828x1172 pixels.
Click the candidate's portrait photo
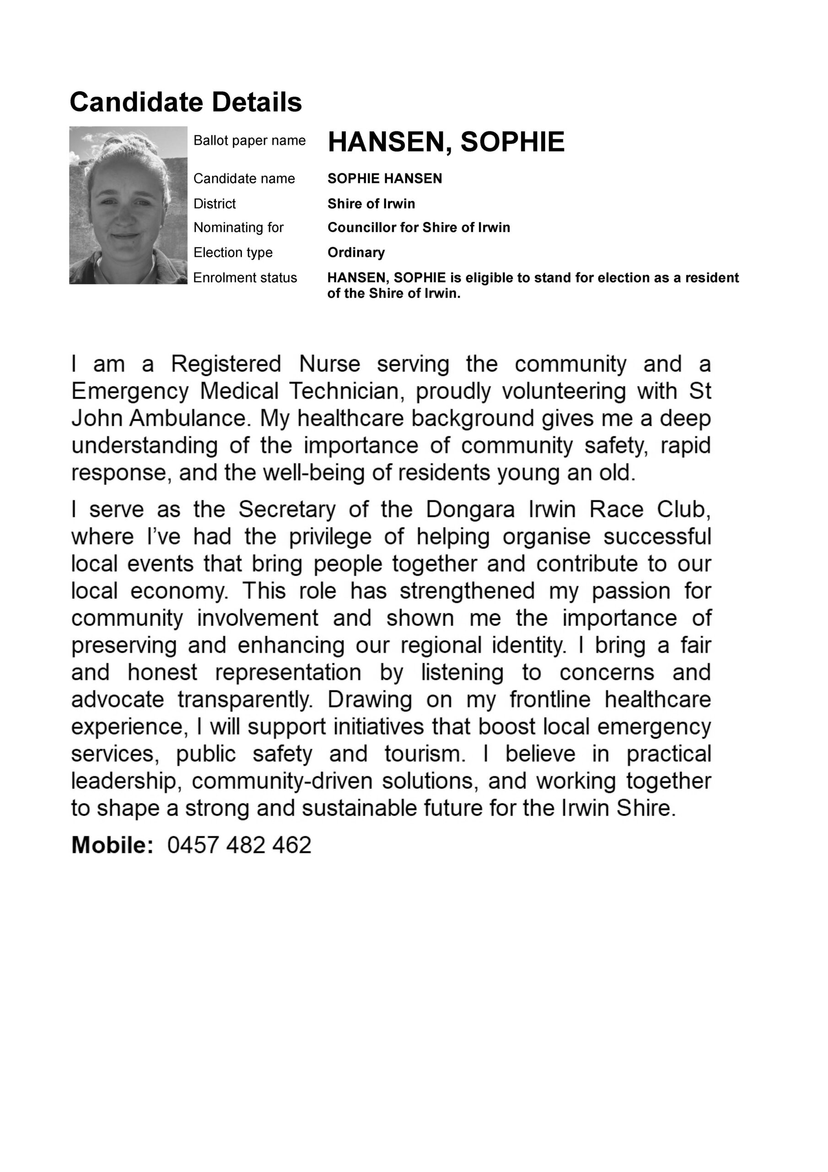tap(128, 205)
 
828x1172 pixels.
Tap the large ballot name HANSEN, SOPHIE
tap(446, 141)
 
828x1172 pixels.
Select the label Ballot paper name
tap(249, 141)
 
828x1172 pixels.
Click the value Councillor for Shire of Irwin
tap(418, 227)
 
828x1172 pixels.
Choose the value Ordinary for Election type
tap(355, 252)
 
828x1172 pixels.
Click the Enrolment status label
tap(245, 278)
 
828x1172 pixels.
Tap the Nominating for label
tap(238, 227)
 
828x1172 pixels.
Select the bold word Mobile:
tap(112, 845)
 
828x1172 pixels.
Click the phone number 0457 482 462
tap(239, 845)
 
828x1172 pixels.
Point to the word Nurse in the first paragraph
tap(329, 364)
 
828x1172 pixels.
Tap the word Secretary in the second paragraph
tap(287, 509)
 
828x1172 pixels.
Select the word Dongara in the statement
tap(470, 509)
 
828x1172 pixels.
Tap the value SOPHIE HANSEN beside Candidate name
tap(385, 179)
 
